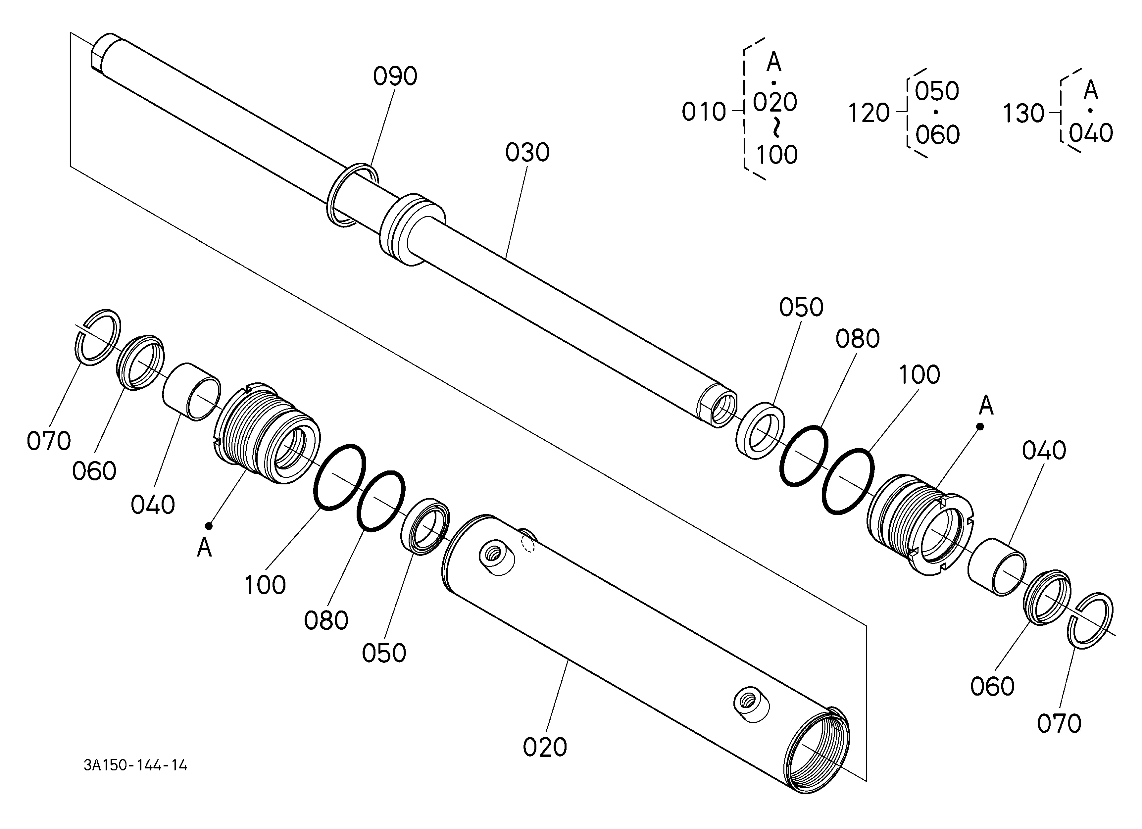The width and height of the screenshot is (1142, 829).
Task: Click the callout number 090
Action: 395,76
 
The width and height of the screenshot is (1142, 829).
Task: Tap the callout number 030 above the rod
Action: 527,153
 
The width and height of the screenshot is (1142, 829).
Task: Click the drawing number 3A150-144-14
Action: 135,765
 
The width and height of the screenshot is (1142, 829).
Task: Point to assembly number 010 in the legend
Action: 703,112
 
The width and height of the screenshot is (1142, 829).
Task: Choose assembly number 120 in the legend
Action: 869,113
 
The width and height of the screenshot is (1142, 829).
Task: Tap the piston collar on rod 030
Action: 412,229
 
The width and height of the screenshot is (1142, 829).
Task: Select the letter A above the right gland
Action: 986,406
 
